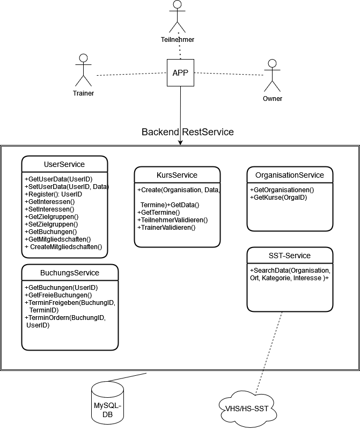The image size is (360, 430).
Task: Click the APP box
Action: coord(180,73)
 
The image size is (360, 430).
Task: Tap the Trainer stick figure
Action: coord(83,70)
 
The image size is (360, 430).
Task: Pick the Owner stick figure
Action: coord(272,76)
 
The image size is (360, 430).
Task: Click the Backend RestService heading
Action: coord(187,132)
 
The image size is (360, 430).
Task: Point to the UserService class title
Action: coord(64,164)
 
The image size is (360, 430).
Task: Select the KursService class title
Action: coord(177,175)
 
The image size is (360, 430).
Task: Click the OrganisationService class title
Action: coord(290,175)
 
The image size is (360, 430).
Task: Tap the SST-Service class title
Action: coord(290,256)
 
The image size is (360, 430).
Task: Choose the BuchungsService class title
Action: coord(70,273)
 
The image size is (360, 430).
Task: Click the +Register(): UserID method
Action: coord(53,194)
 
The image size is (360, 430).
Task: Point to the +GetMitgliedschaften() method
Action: coord(58,239)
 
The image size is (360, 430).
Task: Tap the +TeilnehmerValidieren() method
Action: coord(172,220)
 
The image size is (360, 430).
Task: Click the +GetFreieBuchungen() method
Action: coord(58,295)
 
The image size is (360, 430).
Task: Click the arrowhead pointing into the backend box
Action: coord(180,142)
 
